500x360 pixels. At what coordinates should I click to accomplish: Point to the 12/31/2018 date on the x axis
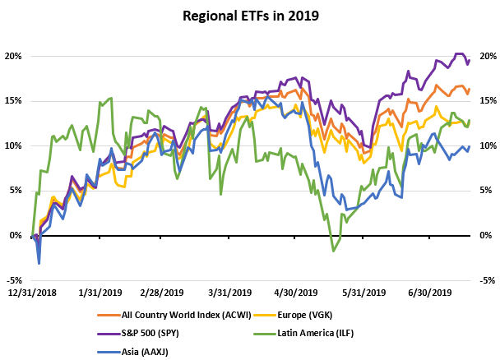click(33, 293)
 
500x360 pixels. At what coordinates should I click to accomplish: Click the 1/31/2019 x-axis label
click(100, 293)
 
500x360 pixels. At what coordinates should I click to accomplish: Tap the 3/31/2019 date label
click(230, 293)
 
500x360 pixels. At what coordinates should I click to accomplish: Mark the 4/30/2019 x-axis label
click(297, 293)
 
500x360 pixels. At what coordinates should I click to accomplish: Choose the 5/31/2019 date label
click(363, 293)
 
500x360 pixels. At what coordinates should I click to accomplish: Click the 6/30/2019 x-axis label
click(430, 293)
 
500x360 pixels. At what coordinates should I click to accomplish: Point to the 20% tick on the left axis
click(15, 57)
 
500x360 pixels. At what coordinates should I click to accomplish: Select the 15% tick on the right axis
click(487, 101)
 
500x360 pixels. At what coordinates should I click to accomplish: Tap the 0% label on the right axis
click(485, 235)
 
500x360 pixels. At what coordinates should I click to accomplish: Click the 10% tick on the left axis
click(15, 146)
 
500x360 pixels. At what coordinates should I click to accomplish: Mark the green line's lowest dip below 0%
click(333, 251)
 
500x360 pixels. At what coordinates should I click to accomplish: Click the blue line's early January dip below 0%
click(39, 263)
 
